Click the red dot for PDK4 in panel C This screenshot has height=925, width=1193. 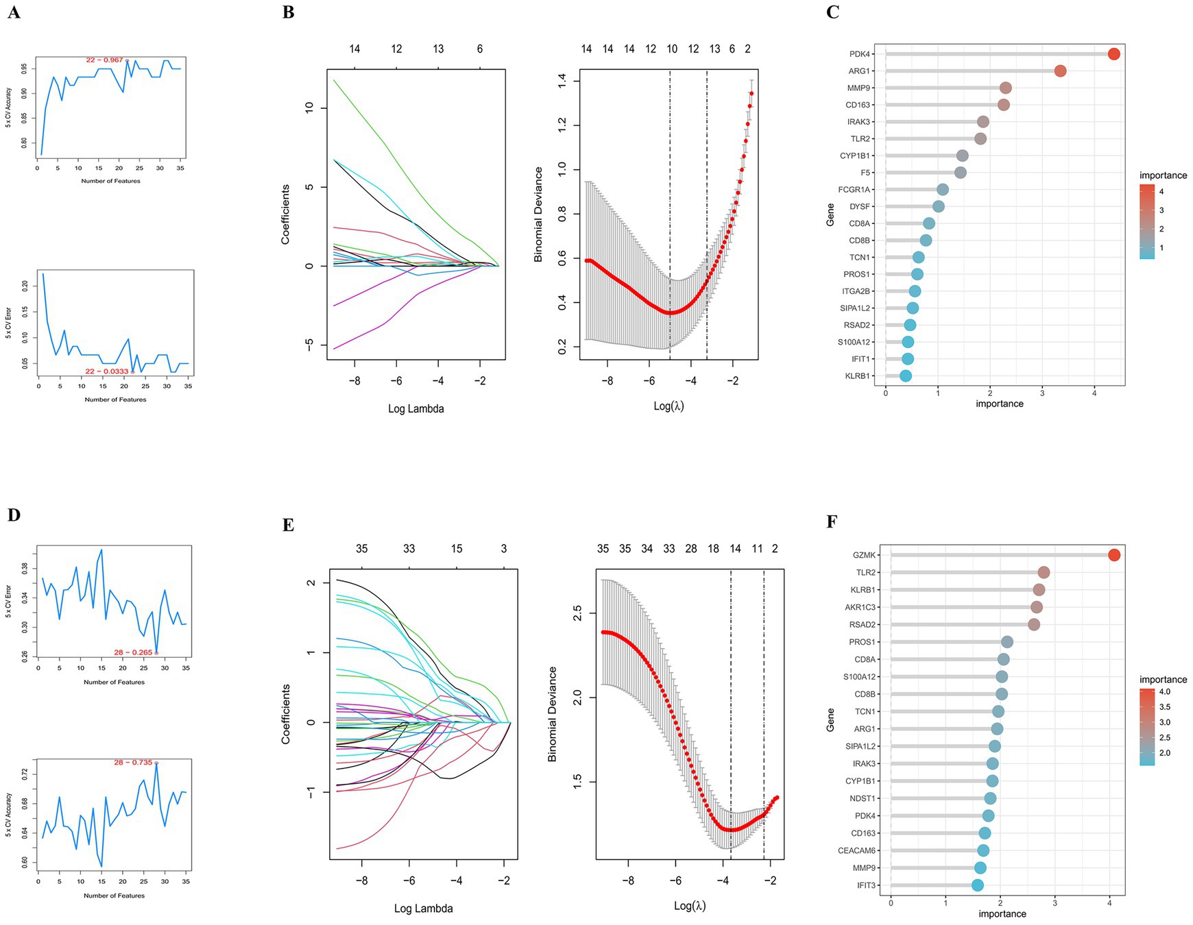1113,54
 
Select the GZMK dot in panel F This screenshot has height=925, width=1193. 1113,555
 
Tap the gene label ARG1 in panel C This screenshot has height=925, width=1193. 860,71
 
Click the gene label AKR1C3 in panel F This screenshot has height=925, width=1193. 860,607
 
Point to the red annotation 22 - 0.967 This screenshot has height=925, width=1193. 104,60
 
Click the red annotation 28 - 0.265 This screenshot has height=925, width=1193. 133,652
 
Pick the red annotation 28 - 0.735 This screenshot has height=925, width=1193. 133,763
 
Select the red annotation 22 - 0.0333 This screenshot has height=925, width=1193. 106,371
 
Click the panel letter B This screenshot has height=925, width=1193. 289,12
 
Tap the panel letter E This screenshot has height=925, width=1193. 289,525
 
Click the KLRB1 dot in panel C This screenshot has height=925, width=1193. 906,375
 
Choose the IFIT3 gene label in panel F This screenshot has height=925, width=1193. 866,885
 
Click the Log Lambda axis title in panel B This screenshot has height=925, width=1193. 416,409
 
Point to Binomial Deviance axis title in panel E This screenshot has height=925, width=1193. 553,714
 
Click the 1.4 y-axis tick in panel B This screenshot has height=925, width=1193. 562,82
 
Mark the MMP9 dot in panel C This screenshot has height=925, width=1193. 1005,88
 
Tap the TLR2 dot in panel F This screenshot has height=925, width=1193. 1044,572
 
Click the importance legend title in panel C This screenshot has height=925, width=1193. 1163,175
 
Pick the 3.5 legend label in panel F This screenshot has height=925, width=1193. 1164,707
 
